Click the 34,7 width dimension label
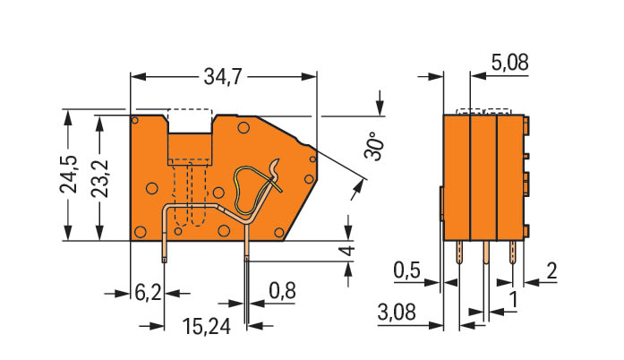coord(223,76)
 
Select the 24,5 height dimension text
coord(69,174)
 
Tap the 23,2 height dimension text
coord(99,178)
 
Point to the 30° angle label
coord(374,146)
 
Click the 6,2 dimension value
coord(148,294)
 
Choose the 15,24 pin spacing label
coord(207,327)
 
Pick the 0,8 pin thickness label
coord(283,291)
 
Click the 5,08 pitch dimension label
coord(510,62)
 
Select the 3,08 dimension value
coord(397,312)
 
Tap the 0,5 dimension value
coord(406,270)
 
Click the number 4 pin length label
coord(348,251)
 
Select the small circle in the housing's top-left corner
coord(135,120)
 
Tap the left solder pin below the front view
coord(165,252)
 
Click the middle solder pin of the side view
coord(486,253)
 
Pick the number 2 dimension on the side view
coord(551,271)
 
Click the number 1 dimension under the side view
coord(514,300)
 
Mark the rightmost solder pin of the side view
coord(513,253)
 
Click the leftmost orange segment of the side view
coord(457,177)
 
